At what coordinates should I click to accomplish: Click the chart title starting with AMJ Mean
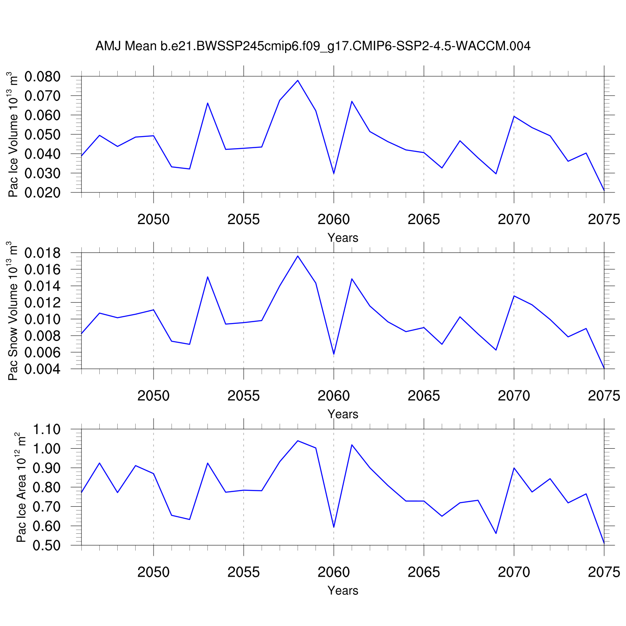click(x=313, y=46)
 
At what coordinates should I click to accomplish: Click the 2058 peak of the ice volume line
click(x=298, y=80)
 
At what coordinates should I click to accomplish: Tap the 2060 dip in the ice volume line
click(x=334, y=174)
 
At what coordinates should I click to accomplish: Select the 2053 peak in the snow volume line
click(x=207, y=277)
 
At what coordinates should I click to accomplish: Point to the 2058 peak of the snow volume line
click(x=298, y=256)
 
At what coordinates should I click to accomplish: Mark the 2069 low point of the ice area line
click(x=496, y=533)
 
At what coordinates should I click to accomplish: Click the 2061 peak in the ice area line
click(x=352, y=445)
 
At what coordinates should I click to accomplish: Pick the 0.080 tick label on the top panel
click(x=42, y=77)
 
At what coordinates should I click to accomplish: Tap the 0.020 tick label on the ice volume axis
click(x=42, y=193)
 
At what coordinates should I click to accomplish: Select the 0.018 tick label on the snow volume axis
click(x=42, y=253)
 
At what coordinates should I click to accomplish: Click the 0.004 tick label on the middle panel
click(x=42, y=369)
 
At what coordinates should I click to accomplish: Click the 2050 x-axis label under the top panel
click(x=154, y=219)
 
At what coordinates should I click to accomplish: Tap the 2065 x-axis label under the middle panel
click(x=424, y=396)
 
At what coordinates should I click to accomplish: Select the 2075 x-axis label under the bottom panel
click(x=603, y=572)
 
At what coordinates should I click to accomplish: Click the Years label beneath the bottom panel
click(x=343, y=591)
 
